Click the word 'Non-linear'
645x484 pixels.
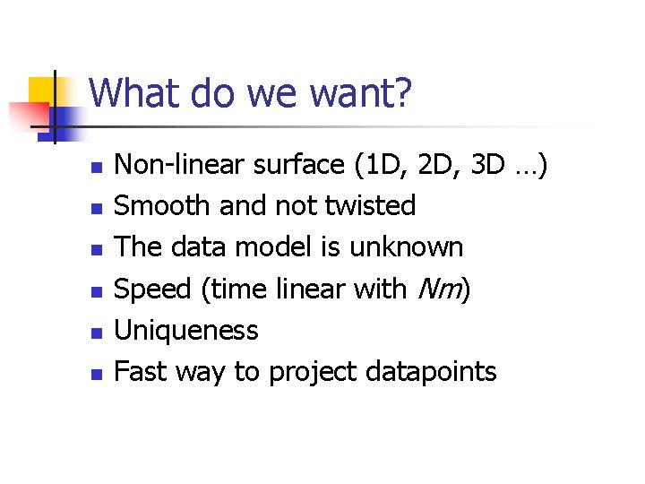181,165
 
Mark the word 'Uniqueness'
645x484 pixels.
187,331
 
